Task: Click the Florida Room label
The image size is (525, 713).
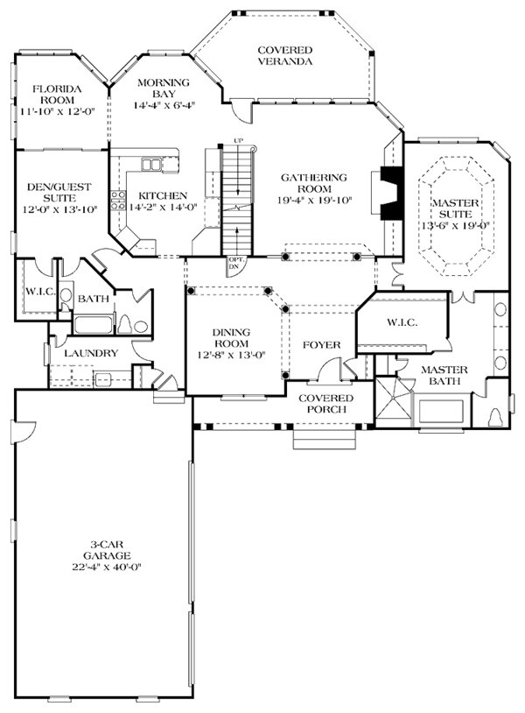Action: pyautogui.click(x=57, y=94)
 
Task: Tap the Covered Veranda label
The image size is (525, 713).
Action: pyautogui.click(x=284, y=55)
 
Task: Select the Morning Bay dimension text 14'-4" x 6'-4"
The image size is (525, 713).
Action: pyautogui.click(x=164, y=105)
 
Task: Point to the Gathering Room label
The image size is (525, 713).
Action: pyautogui.click(x=314, y=183)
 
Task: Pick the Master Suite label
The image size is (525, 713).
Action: pyautogui.click(x=455, y=208)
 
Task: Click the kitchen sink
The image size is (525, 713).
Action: pyautogui.click(x=150, y=164)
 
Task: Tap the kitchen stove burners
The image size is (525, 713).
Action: pyautogui.click(x=118, y=200)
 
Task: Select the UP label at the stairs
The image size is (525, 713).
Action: pyautogui.click(x=237, y=140)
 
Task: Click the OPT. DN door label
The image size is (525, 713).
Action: pyautogui.click(x=234, y=263)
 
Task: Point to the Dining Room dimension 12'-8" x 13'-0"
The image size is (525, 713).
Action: pyautogui.click(x=231, y=355)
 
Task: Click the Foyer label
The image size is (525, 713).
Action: pyautogui.click(x=321, y=345)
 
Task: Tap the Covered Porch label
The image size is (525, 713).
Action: pyautogui.click(x=326, y=404)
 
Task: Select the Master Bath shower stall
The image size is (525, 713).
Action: pyautogui.click(x=394, y=401)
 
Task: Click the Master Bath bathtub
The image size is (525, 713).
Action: pyautogui.click(x=440, y=411)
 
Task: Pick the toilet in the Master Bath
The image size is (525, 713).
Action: pyautogui.click(x=495, y=418)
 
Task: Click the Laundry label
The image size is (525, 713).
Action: pyautogui.click(x=91, y=353)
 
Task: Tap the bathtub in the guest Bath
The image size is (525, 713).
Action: pyautogui.click(x=93, y=325)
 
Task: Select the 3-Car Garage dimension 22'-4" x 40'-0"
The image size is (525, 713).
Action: pyautogui.click(x=107, y=567)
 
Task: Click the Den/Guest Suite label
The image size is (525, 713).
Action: pyautogui.click(x=59, y=193)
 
